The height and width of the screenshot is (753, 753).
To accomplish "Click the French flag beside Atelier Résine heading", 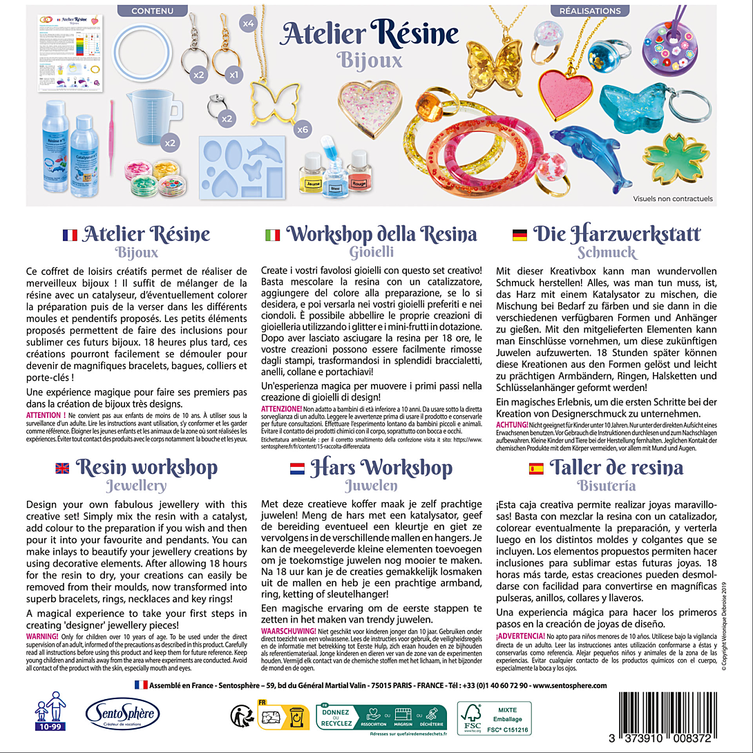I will [x=70, y=235].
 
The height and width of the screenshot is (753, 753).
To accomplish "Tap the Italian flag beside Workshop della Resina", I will [x=273, y=235].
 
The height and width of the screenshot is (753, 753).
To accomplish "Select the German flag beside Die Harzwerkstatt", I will [x=520, y=235].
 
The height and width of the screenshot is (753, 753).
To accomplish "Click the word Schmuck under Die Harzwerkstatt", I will [x=607, y=253].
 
